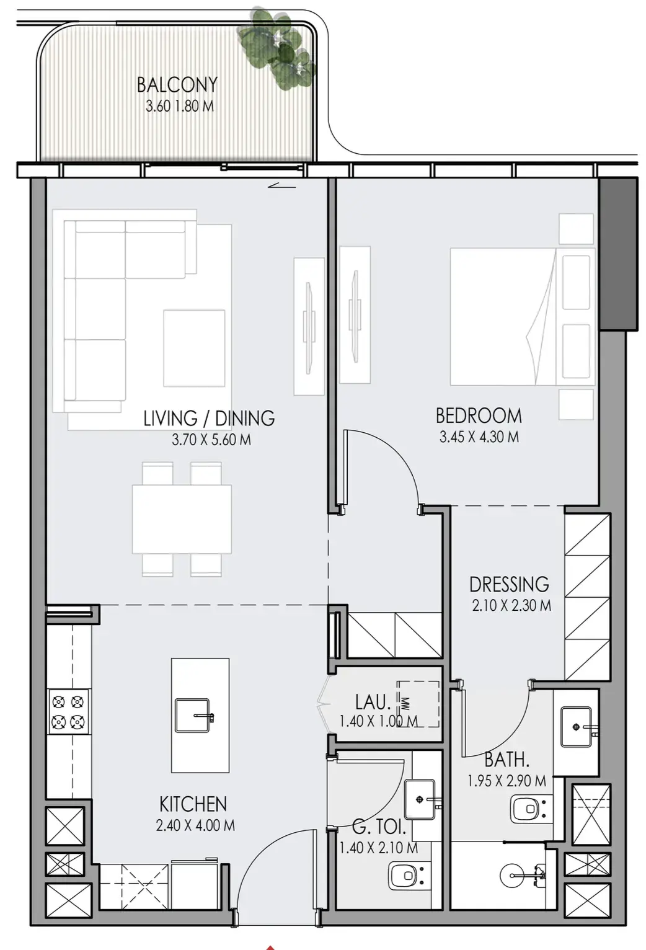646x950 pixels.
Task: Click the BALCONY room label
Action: point(177,85)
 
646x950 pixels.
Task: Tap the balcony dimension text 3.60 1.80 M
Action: point(180,106)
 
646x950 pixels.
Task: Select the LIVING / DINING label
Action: point(209,418)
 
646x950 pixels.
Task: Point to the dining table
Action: point(182,519)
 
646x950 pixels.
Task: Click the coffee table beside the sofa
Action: point(194,348)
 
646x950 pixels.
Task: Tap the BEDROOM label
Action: point(479,415)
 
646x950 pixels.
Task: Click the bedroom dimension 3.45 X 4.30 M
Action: point(479,437)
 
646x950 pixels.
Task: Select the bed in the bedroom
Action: point(522,317)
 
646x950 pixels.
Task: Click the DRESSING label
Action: point(509,584)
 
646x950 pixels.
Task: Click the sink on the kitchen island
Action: point(193,716)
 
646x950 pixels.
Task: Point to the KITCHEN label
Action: point(193,804)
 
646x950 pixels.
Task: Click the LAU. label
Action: point(373,703)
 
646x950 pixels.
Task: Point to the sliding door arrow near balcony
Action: point(282,185)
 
